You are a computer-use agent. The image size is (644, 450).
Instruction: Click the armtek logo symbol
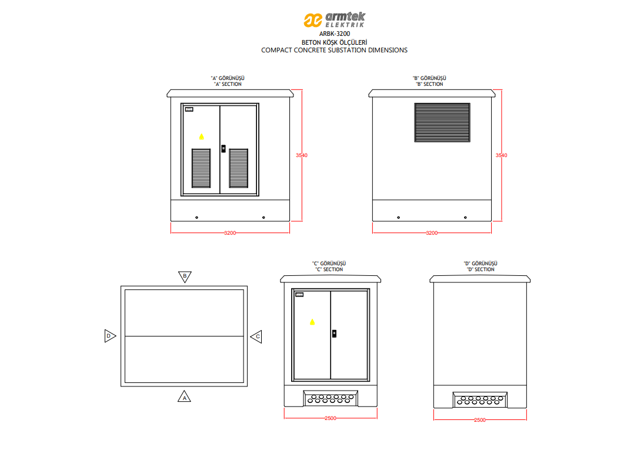(313, 20)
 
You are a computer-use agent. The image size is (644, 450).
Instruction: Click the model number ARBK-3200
(334, 34)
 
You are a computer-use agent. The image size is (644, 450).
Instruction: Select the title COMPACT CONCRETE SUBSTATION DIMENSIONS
(334, 50)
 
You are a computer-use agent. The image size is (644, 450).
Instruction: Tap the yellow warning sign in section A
(201, 136)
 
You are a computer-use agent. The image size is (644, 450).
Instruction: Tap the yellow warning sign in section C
(312, 322)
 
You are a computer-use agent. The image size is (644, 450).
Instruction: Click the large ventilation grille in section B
(442, 122)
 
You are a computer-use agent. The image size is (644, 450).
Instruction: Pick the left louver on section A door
(201, 168)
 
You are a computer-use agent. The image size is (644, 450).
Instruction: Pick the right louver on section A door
(239, 168)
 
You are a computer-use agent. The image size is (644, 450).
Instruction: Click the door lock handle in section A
(223, 148)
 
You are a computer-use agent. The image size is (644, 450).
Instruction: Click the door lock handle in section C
(334, 334)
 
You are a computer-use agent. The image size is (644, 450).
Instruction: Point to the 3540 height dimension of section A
(302, 155)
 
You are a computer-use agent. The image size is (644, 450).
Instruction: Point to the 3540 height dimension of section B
(501, 155)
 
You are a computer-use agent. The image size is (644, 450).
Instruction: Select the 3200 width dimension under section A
(230, 233)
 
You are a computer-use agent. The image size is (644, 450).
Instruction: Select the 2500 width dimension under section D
(480, 420)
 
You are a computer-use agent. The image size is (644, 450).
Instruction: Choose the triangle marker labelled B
(185, 276)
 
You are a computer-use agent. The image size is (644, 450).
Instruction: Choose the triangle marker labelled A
(185, 396)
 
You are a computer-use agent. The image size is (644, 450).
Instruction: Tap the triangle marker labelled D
(109, 336)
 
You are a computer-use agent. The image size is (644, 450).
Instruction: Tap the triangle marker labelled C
(256, 336)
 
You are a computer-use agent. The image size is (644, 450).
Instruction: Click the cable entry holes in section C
(331, 398)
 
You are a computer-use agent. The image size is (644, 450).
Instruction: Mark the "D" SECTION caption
(481, 269)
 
